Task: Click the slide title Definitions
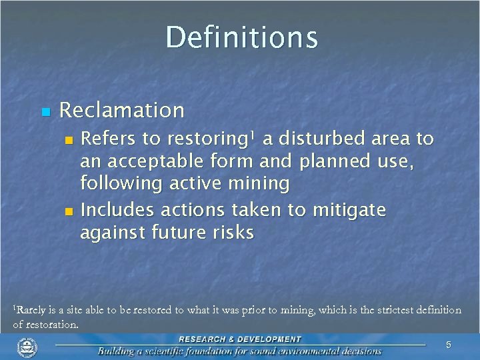pos(242,37)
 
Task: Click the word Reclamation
pos(122,109)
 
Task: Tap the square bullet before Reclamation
pos(45,111)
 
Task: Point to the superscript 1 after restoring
pos(251,135)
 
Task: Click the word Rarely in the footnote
pos(29,310)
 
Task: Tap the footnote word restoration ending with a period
pos(53,325)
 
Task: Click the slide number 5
pos(449,345)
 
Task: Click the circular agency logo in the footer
pos(27,347)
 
